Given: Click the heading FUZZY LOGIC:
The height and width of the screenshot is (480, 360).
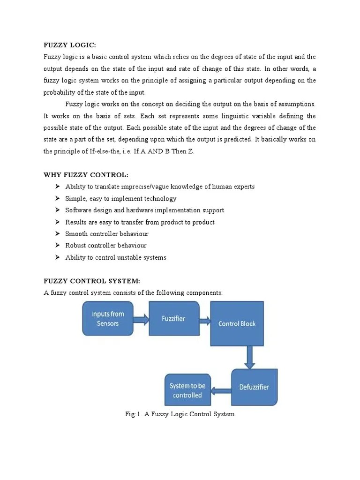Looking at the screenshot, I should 69,45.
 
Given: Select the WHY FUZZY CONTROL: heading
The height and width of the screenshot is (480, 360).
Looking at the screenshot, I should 86,175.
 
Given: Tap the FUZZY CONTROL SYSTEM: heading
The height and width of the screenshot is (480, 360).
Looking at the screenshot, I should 92,281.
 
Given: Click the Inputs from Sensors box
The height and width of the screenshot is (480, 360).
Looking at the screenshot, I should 108,319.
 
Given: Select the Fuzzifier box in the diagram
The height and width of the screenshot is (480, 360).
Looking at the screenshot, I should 173,319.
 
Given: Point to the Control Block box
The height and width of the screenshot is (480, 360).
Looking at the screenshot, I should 237,323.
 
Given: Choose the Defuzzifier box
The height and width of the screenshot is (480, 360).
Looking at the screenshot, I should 254,387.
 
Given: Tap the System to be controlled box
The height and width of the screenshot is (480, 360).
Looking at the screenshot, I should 187,390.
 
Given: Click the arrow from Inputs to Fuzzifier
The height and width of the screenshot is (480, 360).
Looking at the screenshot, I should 141,320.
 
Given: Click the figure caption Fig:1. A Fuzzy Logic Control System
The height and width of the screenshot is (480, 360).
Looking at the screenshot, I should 180,414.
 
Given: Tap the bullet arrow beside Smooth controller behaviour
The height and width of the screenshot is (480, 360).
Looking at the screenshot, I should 57,233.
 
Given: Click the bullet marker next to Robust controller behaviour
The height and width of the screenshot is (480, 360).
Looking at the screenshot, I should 57,245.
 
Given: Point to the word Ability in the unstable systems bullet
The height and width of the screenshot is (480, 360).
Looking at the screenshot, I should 75,257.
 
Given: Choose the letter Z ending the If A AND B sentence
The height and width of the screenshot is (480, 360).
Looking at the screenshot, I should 191,151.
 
